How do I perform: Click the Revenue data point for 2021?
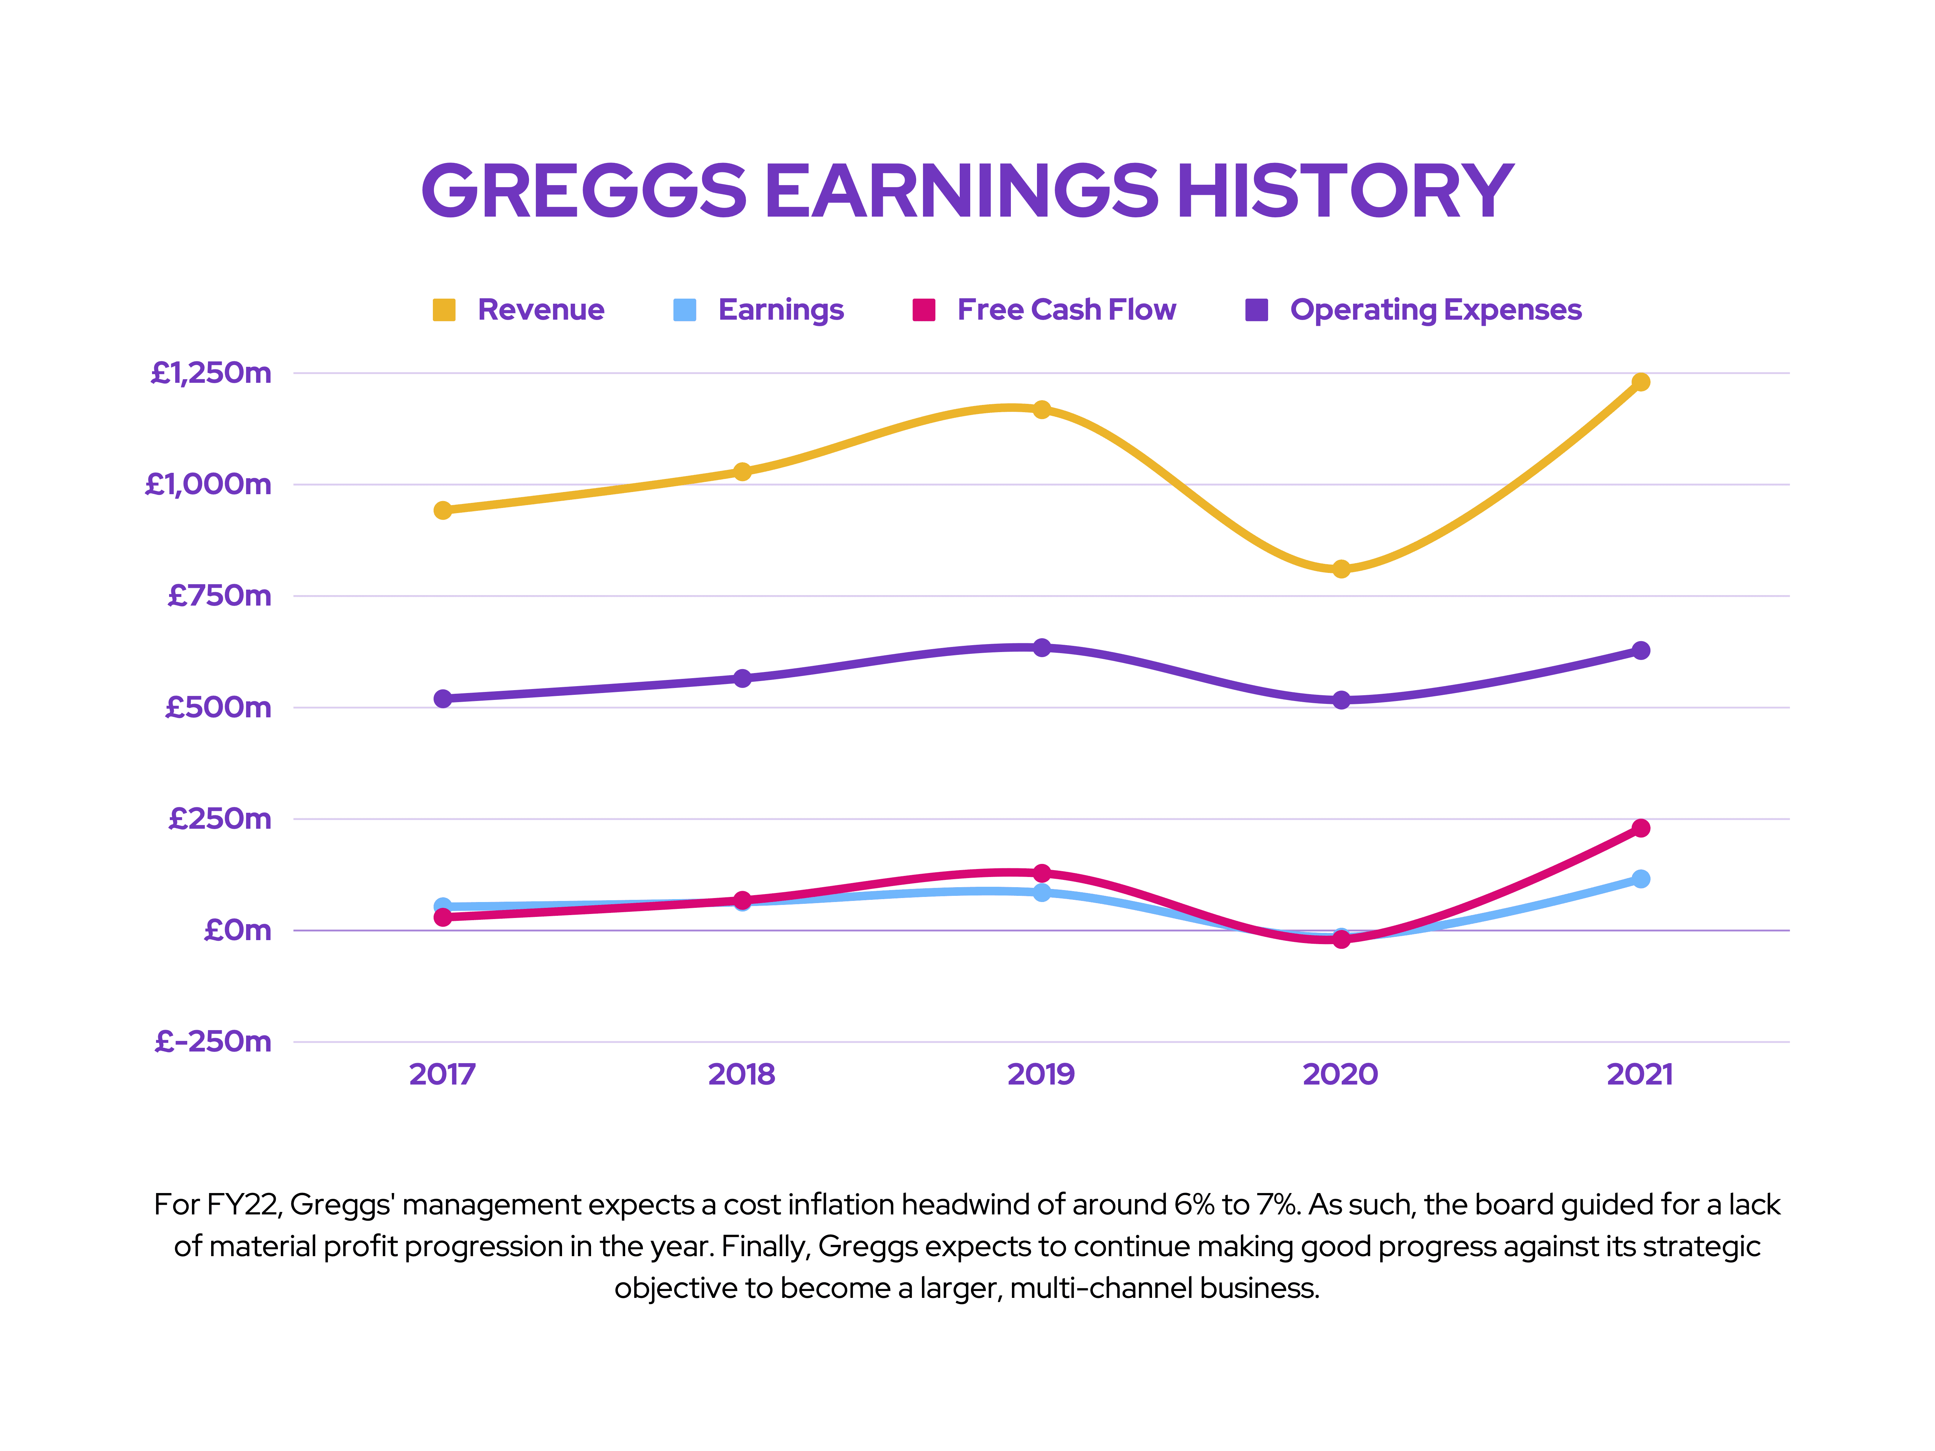pyautogui.click(x=1640, y=382)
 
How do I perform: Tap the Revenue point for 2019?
pyautogui.click(x=1041, y=409)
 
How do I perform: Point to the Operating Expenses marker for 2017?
pyautogui.click(x=443, y=699)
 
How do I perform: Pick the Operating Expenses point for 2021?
pyautogui.click(x=1640, y=651)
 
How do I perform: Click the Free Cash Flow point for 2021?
pyautogui.click(x=1640, y=828)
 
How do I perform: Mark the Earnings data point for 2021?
pyautogui.click(x=1640, y=879)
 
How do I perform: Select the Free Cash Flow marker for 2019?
pyautogui.click(x=1041, y=873)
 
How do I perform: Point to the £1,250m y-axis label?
pyautogui.click(x=211, y=373)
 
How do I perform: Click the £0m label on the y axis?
pyautogui.click(x=237, y=931)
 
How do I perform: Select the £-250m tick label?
pyautogui.click(x=213, y=1042)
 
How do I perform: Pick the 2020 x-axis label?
pyautogui.click(x=1340, y=1074)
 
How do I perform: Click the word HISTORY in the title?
pyautogui.click(x=1345, y=192)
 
